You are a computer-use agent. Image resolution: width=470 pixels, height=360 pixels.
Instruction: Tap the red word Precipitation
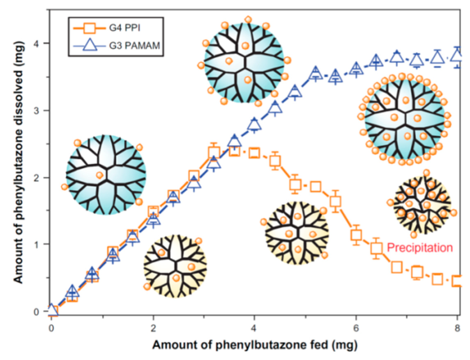[419, 248]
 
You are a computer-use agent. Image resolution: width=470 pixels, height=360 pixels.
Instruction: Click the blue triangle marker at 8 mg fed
[457, 54]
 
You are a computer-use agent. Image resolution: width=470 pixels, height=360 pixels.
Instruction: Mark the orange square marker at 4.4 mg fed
[275, 161]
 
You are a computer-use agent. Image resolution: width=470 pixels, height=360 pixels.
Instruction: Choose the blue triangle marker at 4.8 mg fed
[295, 91]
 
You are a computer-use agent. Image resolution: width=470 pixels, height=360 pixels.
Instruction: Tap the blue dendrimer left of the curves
[106, 174]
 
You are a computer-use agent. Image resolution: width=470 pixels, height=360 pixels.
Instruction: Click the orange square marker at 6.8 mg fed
[396, 267]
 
